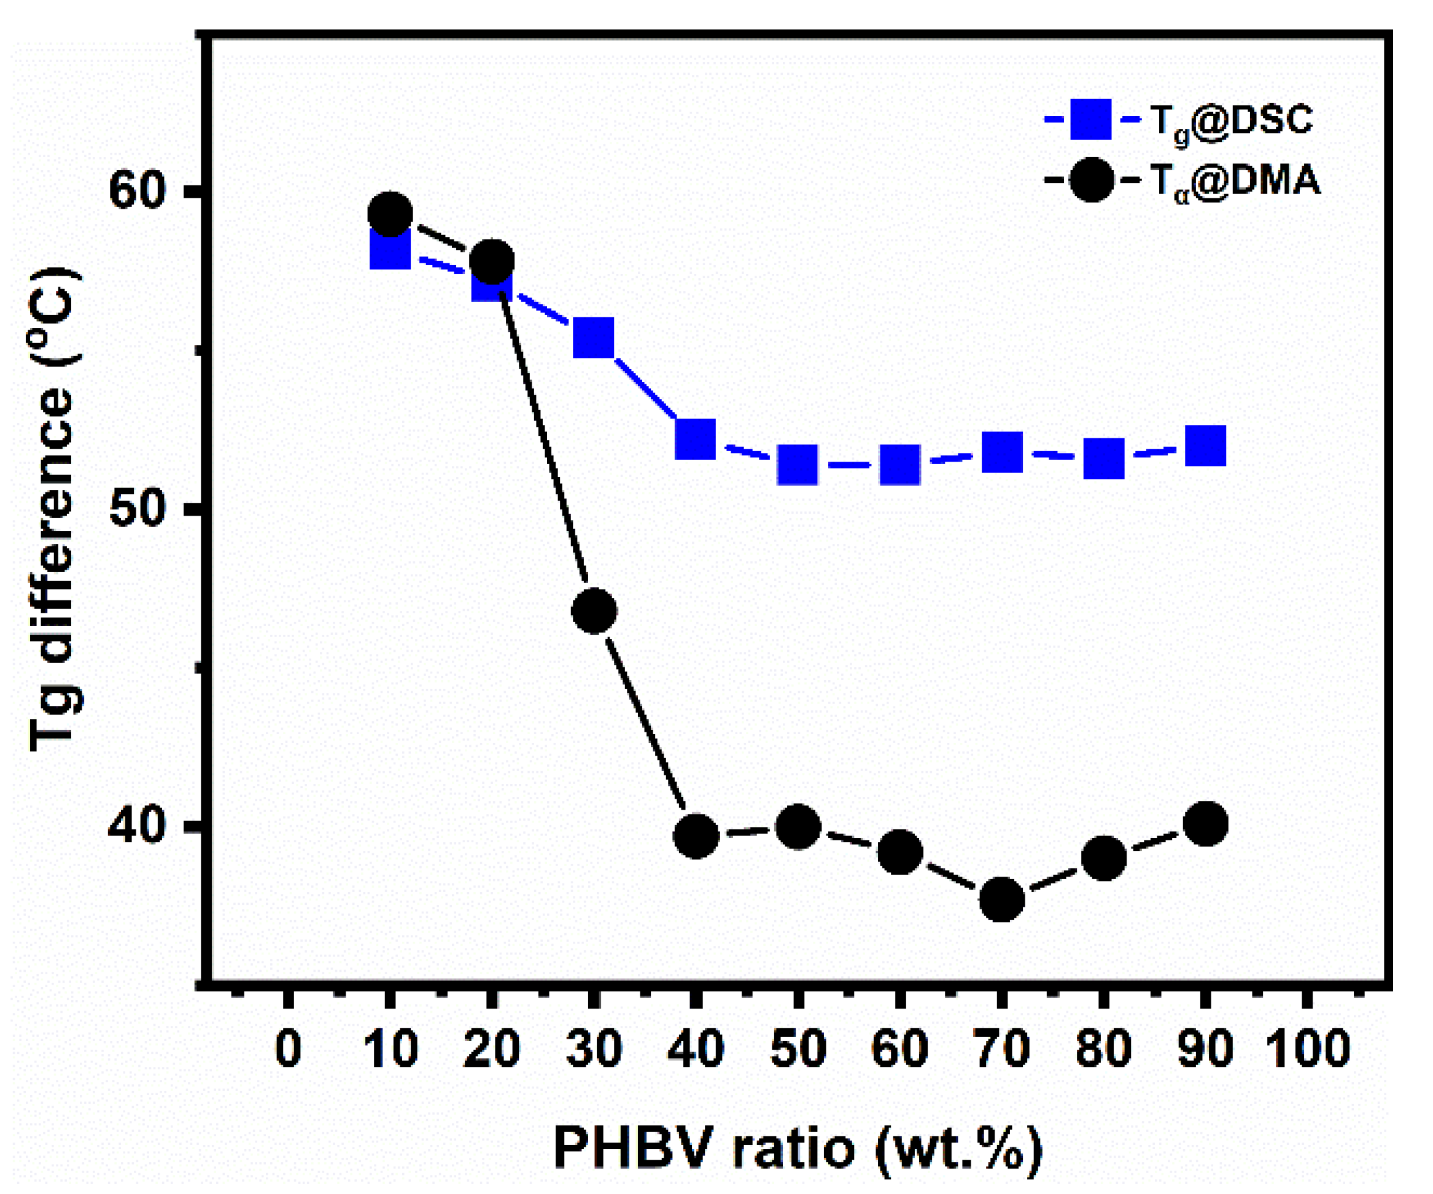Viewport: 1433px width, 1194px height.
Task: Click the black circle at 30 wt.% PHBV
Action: pyautogui.click(x=594, y=611)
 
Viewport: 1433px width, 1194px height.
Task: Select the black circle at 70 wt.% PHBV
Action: pyautogui.click(x=1001, y=899)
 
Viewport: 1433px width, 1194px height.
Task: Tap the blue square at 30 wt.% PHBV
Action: pyautogui.click(x=594, y=337)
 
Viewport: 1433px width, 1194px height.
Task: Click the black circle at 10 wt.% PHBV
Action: pyautogui.click(x=390, y=214)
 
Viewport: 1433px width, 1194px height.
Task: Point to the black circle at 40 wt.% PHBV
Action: pyautogui.click(x=696, y=836)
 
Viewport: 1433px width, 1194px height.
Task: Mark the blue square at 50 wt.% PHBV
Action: pyautogui.click(x=797, y=465)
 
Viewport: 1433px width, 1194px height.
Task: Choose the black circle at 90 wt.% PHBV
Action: pyautogui.click(x=1206, y=823)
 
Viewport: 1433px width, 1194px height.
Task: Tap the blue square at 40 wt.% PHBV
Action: pyautogui.click(x=696, y=439)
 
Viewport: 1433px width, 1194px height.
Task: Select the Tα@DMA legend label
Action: pyautogui.click(x=1235, y=182)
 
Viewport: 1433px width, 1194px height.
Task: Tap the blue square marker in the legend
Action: pyautogui.click(x=1090, y=119)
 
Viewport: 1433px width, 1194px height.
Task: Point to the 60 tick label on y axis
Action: pyautogui.click(x=136, y=190)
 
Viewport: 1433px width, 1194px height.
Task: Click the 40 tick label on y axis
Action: pyautogui.click(x=136, y=826)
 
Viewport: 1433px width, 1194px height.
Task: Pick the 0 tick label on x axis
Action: pyautogui.click(x=288, y=1049)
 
